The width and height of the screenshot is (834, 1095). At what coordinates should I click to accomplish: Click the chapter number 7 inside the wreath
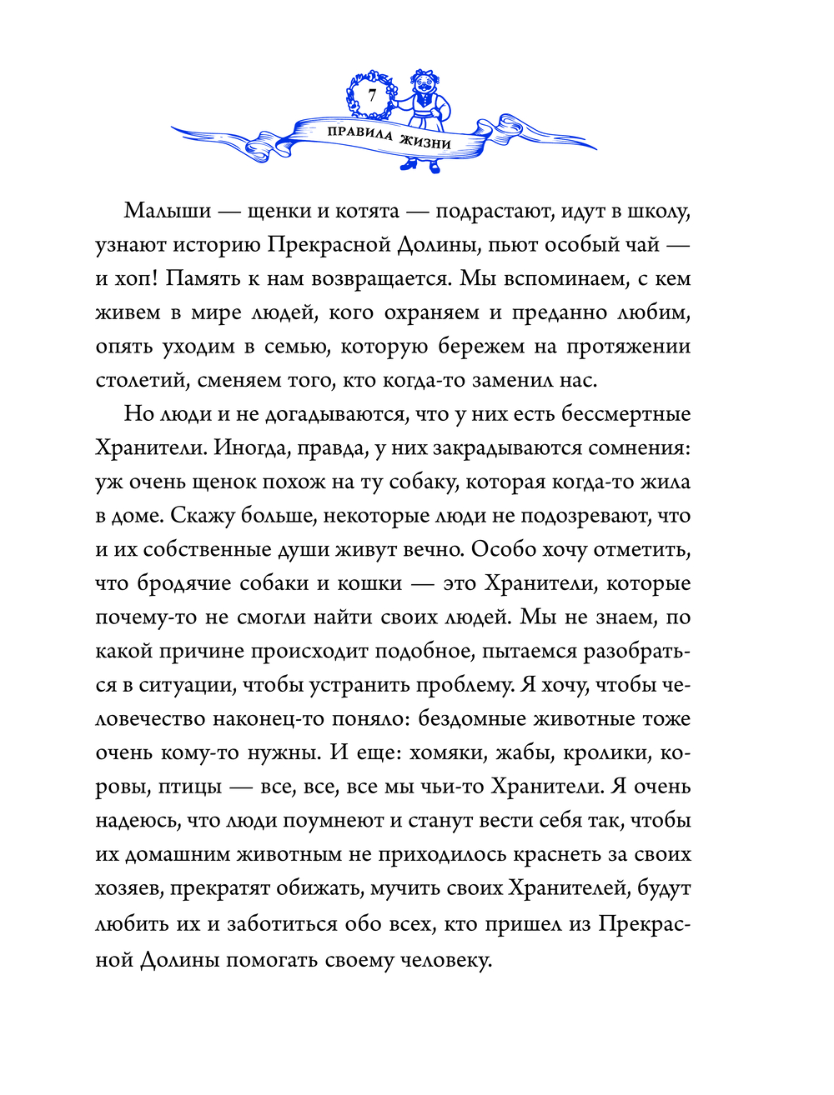[x=372, y=95]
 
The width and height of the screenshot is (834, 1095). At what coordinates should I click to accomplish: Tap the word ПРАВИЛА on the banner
[x=359, y=133]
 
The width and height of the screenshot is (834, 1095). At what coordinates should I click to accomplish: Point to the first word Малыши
[x=168, y=210]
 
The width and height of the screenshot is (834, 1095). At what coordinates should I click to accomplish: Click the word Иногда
[x=249, y=448]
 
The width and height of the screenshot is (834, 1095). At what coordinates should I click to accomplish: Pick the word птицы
[x=191, y=787]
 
